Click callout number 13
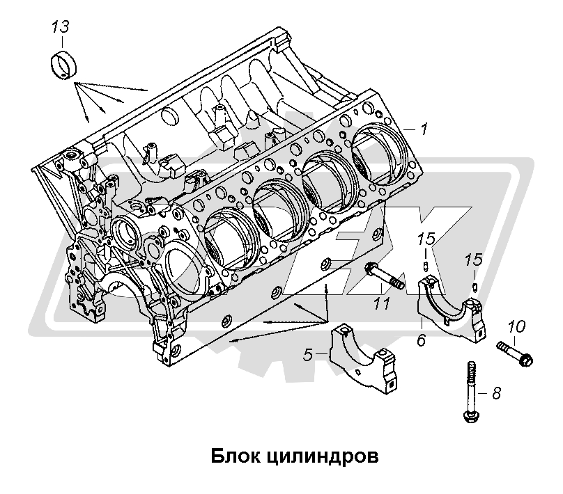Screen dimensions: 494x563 point(61,29)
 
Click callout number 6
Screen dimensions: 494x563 point(422,341)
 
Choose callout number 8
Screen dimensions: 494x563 point(496,393)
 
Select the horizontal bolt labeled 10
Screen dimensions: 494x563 point(515,352)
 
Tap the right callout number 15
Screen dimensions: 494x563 point(474,260)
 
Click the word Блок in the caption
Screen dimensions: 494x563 point(233,457)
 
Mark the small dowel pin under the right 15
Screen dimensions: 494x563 point(473,285)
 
